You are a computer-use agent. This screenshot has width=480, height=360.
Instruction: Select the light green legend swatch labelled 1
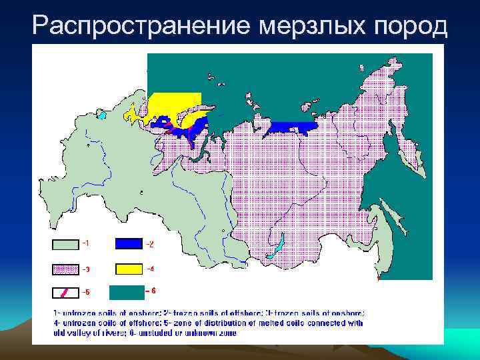(x=64, y=244)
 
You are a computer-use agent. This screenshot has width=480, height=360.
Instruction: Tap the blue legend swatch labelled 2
(x=129, y=244)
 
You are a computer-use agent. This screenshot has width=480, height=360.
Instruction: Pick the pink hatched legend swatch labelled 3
(x=64, y=269)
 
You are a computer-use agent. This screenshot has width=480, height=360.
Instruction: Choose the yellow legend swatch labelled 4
(x=129, y=269)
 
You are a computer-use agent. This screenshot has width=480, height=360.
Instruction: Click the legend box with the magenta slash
(x=64, y=293)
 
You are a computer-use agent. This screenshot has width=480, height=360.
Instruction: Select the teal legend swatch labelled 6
(x=127, y=292)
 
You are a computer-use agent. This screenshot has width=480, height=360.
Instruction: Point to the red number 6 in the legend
(x=153, y=291)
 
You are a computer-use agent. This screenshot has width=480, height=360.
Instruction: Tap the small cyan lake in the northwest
(x=102, y=115)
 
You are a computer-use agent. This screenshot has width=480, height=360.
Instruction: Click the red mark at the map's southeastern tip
(x=379, y=275)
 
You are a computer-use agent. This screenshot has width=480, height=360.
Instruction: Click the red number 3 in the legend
(x=84, y=269)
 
